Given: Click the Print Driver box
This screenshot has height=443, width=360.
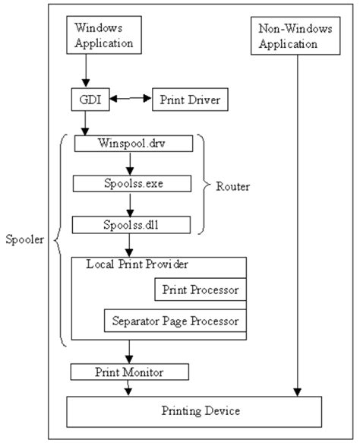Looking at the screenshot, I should point(186,100).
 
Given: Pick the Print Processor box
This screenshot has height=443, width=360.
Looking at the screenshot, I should point(200,290).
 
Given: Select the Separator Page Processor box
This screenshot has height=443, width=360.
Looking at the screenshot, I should point(175,321).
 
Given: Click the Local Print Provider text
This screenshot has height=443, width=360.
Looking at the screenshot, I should point(137,264).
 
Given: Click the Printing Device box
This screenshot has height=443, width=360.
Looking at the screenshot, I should point(201,411).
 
